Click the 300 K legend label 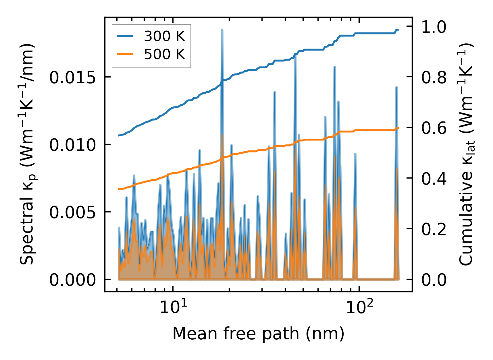(x=164, y=36)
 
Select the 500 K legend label (x=164, y=54)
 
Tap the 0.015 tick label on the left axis (x=72, y=78)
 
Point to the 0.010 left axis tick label (x=72, y=145)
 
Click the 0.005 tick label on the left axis (x=72, y=212)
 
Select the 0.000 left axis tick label (x=72, y=280)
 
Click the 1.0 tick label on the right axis (x=434, y=28)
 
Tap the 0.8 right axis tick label (x=434, y=78)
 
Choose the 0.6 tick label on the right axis (x=434, y=128)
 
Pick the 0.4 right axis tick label (x=434, y=179)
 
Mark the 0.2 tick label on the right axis (x=434, y=229)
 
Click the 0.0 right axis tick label (x=434, y=280)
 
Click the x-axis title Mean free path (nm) (x=258, y=334)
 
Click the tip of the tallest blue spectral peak (x=222, y=30)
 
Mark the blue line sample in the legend (x=125, y=36)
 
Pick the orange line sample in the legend (x=125, y=54)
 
